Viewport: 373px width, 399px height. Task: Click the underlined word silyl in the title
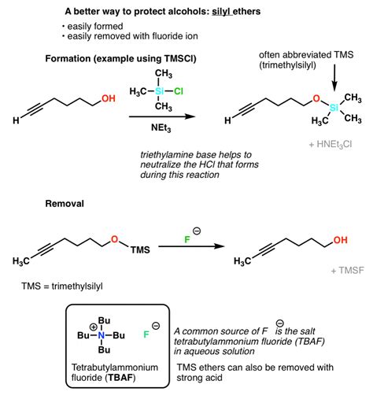222,12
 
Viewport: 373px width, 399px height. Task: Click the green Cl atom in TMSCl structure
179,91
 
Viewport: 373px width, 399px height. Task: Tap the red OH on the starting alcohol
109,98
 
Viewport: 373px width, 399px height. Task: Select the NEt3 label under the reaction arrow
161,127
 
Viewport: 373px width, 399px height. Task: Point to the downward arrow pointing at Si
334,78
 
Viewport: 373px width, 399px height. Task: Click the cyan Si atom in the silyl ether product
334,108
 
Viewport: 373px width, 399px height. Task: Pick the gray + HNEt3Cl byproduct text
331,144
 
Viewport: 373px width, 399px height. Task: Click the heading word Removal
65,204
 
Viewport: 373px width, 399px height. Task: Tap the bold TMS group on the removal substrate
140,249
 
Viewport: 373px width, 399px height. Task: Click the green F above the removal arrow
187,239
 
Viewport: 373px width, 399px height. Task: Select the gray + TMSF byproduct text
348,270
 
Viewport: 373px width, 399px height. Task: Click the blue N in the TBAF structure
102,335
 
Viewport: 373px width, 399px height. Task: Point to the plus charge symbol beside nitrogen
93,327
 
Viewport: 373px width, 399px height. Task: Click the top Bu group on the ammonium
104,320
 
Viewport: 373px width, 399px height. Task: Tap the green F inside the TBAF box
146,334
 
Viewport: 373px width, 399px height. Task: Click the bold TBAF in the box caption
120,378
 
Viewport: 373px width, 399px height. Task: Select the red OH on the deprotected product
341,240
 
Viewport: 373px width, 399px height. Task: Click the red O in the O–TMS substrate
114,239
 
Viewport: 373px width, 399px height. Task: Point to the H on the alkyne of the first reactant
16,120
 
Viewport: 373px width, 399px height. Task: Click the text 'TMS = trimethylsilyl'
62,286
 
